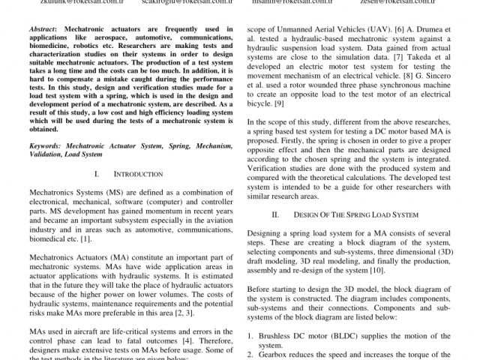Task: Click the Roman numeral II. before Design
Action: coord(276,214)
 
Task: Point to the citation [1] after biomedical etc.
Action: coord(85,239)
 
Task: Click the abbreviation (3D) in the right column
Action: coord(445,251)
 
